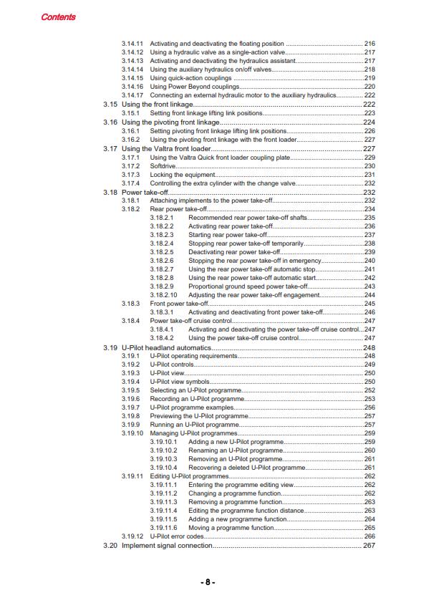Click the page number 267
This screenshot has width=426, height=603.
click(x=369, y=546)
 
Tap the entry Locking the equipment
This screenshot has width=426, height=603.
click(x=182, y=175)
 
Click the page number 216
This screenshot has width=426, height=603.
click(x=369, y=44)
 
